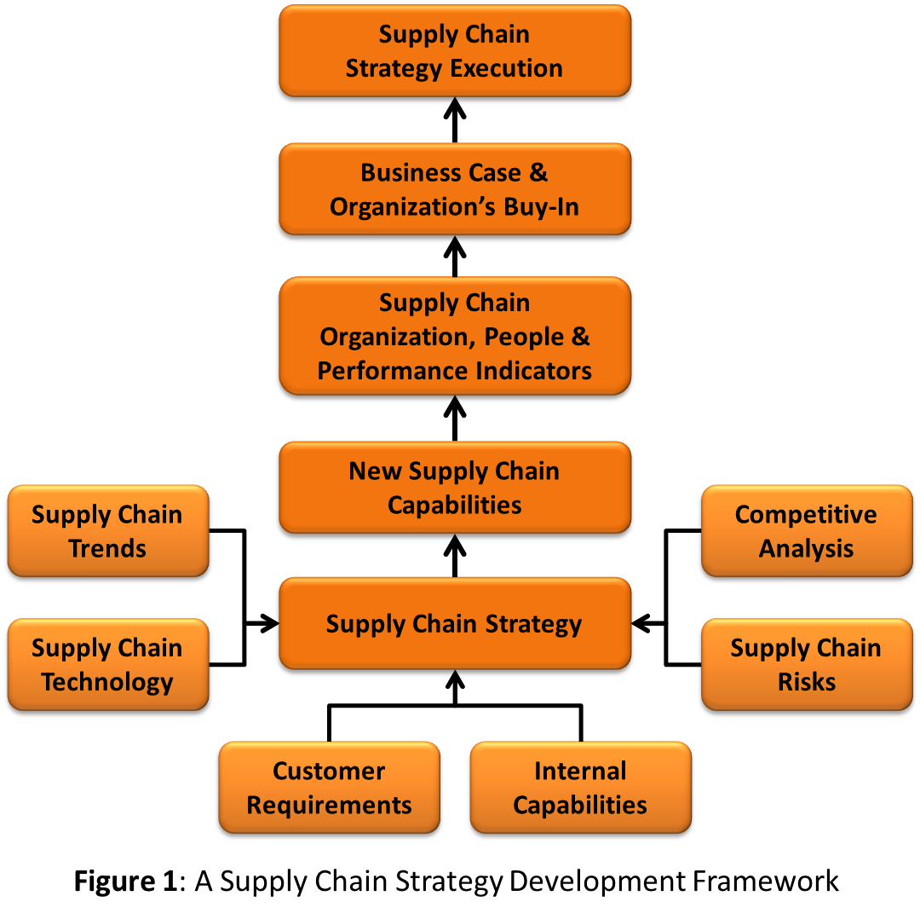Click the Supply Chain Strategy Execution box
point(454,51)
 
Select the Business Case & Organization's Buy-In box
point(454,189)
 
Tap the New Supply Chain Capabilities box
point(454,488)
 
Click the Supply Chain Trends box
point(107,532)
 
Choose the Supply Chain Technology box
point(107,665)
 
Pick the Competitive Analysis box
point(806,532)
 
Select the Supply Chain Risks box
point(806,665)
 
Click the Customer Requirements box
point(329,788)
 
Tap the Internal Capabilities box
point(580,788)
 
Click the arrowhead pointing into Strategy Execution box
point(454,109)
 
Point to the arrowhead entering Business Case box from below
point(454,248)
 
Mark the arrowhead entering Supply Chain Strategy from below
point(454,682)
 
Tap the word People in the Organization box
point(524,337)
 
